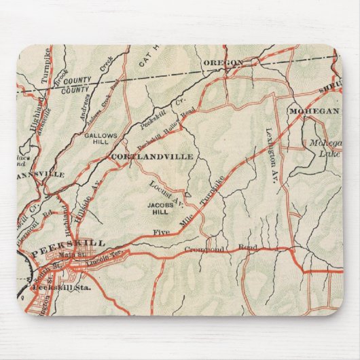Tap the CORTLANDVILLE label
[x=152, y=156]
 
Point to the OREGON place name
[x=223, y=63]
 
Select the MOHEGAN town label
[x=312, y=110]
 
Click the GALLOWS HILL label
[x=101, y=139]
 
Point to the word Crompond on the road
[x=200, y=250]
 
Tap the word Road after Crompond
[x=248, y=248]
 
